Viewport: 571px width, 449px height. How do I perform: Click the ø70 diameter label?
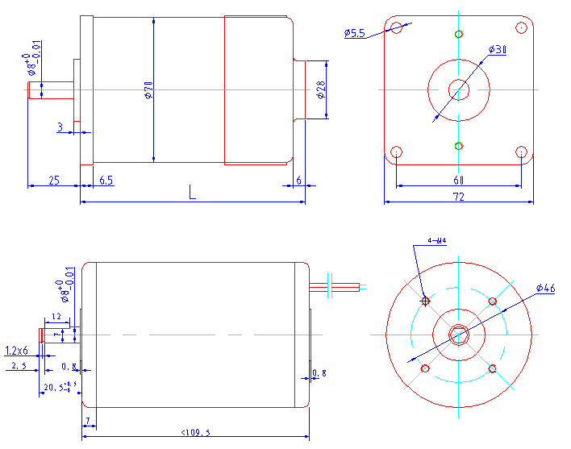click(148, 89)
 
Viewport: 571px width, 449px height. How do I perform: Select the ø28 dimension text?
click(321, 89)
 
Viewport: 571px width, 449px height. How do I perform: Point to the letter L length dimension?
click(192, 192)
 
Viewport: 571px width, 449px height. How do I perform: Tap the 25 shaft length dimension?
click(53, 181)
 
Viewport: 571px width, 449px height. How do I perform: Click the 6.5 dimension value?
click(106, 181)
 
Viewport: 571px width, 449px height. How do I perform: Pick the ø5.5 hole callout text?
click(354, 33)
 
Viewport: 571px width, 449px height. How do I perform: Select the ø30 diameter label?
click(498, 50)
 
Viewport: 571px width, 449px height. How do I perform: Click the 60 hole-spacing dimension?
click(458, 180)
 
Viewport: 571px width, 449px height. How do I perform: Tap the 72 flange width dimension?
click(458, 196)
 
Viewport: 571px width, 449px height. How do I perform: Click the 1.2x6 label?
click(16, 351)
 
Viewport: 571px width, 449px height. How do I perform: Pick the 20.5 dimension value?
click(54, 388)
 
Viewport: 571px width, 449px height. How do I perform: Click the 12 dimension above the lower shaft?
click(56, 317)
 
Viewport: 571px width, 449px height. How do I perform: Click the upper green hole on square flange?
click(459, 34)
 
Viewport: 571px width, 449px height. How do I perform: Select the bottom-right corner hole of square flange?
click(521, 152)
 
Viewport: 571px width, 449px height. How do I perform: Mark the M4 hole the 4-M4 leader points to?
click(426, 301)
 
